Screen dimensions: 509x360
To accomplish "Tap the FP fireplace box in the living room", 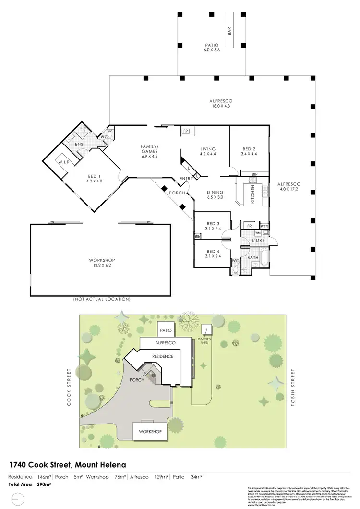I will pos(186,131).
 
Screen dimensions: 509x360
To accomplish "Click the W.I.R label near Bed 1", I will pos(64,162).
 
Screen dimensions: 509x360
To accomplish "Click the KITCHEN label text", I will pos(253,196).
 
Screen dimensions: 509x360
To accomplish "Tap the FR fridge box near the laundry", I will pos(249,225).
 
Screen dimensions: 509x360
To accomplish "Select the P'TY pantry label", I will pos(264,225).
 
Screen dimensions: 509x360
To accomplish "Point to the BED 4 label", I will pos(212,251).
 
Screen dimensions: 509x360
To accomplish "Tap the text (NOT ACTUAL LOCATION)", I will pos(102,299).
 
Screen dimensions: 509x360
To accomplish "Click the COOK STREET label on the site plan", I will pos(69,388).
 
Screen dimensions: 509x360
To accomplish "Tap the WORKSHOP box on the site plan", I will pos(150,432).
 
